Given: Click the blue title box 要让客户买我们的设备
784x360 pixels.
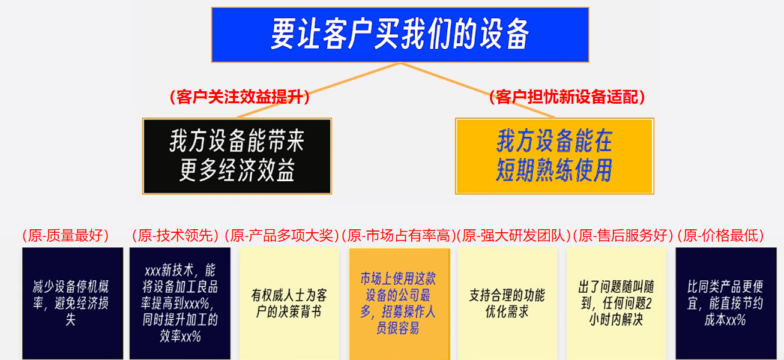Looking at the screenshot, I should (x=399, y=35).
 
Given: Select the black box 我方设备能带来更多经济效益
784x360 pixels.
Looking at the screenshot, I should (x=237, y=156).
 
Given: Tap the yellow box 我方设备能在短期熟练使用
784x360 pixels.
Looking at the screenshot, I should (x=553, y=156).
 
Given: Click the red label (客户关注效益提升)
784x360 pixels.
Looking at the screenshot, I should (x=240, y=97).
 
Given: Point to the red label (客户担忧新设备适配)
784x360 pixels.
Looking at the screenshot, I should (x=567, y=97).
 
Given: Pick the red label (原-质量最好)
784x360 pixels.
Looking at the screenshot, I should (x=65, y=235).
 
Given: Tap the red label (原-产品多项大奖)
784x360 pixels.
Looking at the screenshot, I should (x=282, y=235).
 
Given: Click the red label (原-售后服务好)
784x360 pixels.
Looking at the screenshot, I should (x=622, y=235).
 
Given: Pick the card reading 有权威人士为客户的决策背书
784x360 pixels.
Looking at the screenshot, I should (x=289, y=303).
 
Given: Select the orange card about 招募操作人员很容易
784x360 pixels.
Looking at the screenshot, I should (x=399, y=303).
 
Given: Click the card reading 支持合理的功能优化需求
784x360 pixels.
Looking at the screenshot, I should (x=508, y=303).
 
